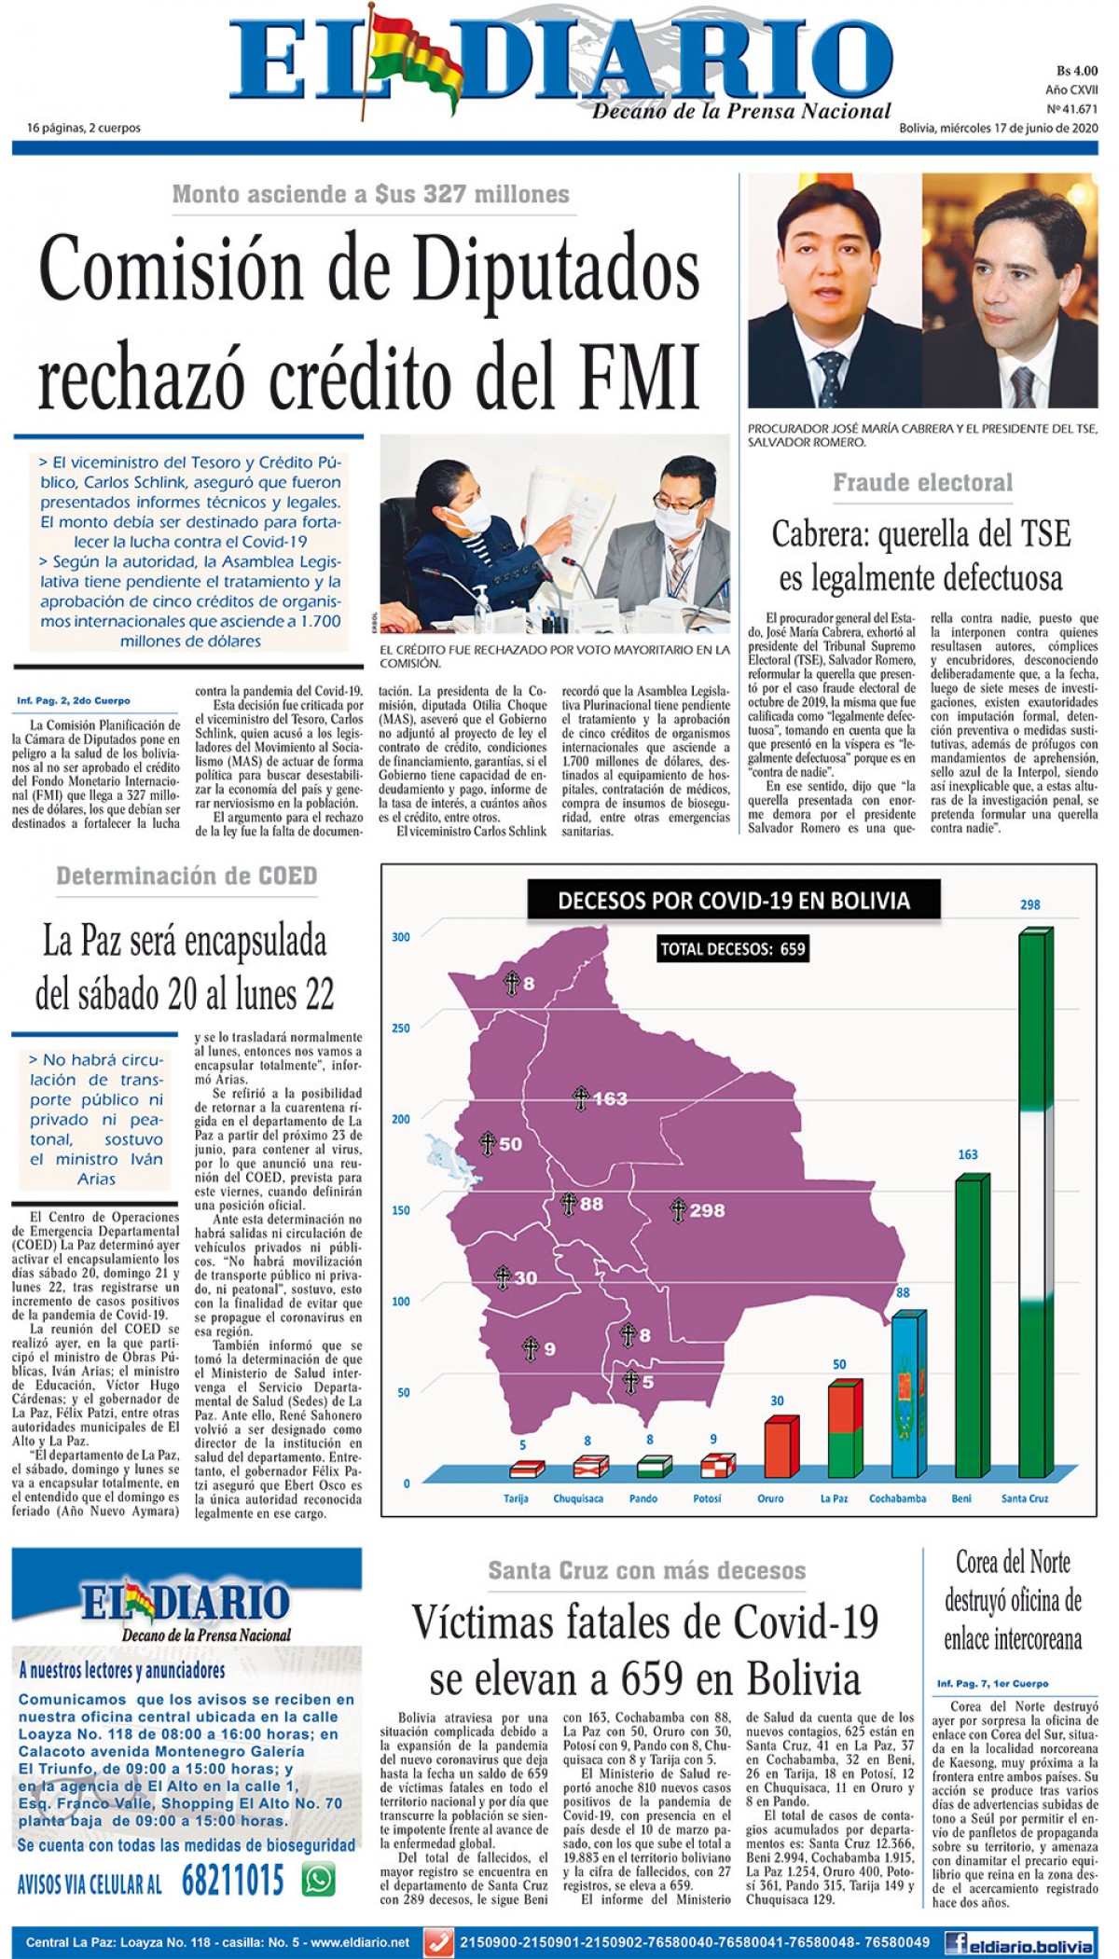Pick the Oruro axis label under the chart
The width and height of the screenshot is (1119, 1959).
770,1498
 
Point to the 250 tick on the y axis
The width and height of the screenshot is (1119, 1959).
401,1028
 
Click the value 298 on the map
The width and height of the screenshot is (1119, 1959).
707,1210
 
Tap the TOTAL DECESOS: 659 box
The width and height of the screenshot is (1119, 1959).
733,949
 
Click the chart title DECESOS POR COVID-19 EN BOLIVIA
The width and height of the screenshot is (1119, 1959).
733,901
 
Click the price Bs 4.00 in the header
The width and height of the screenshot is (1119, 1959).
1077,71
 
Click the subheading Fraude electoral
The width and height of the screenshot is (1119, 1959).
922,482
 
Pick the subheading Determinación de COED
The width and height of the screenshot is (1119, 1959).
186,876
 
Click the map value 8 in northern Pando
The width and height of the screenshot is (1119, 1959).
528,983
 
